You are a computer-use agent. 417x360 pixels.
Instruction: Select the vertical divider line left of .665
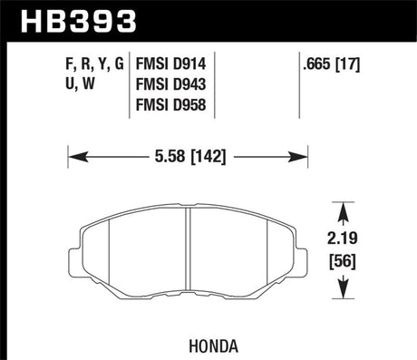tap(300, 86)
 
